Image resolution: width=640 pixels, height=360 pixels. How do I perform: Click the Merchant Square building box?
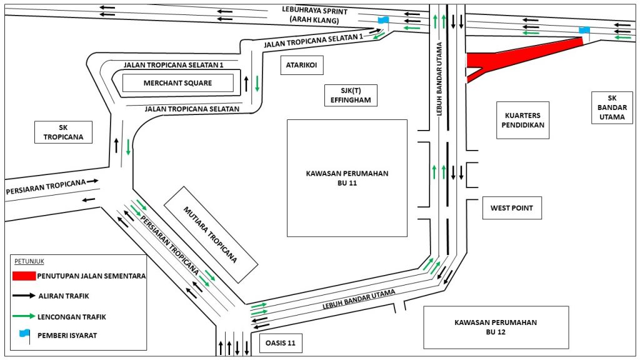pyautogui.click(x=177, y=83)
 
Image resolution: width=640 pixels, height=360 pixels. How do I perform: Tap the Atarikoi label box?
pyautogui.click(x=302, y=64)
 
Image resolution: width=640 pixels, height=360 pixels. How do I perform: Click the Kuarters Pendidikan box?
pyautogui.click(x=523, y=120)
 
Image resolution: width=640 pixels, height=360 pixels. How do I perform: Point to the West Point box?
pyautogui.click(x=511, y=208)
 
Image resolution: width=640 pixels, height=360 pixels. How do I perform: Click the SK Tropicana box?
pyautogui.click(x=63, y=132)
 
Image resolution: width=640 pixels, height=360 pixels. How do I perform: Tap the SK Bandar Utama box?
pyautogui.click(x=611, y=107)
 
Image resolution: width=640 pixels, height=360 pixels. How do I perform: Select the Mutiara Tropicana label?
pyautogui.click(x=210, y=232)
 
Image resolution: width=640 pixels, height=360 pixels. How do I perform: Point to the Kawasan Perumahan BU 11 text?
pyautogui.click(x=347, y=178)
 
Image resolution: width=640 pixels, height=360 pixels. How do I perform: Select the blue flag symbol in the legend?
pyautogui.click(x=24, y=334)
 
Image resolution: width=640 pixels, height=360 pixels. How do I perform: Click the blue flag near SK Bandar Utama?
pyautogui.click(x=584, y=30)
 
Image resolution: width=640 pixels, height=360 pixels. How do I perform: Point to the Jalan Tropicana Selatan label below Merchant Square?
pyautogui.click(x=192, y=109)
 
